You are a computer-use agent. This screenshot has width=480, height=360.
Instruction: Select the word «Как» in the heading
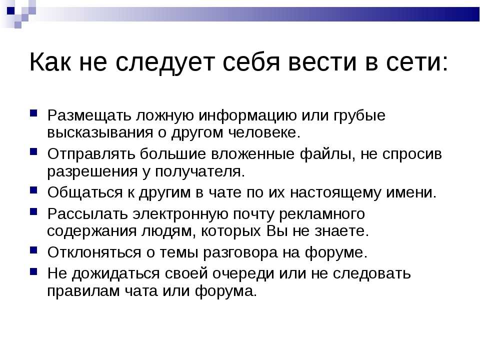[x=49, y=62]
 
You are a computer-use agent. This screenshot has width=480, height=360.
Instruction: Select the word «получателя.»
[x=200, y=171]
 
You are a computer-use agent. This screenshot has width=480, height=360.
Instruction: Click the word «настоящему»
[x=335, y=193]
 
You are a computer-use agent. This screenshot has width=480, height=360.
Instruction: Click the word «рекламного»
[x=322, y=214]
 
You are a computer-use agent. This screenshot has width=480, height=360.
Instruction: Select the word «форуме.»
[x=336, y=252]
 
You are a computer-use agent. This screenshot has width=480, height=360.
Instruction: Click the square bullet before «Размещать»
[x=33, y=113]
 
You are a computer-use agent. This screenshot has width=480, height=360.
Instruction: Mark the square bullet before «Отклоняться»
[x=33, y=250]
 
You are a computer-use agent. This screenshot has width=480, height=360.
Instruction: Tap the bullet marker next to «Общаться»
[x=33, y=190]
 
